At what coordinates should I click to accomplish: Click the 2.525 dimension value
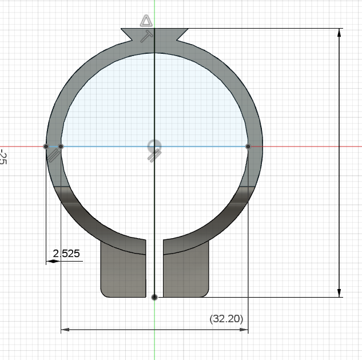(66, 254)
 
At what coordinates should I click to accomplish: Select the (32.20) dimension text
(226, 318)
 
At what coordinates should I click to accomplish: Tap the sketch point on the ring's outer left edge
(46, 147)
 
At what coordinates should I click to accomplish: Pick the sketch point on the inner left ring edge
(61, 147)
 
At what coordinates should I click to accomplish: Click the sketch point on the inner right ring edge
(248, 147)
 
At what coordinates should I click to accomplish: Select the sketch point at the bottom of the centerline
(154, 297)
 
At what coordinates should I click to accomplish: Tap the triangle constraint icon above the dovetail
(146, 22)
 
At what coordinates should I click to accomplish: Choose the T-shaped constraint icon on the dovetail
(147, 35)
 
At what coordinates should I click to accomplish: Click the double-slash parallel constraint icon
(54, 156)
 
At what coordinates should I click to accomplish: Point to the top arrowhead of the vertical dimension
(340, 33)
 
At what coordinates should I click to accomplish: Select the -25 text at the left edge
(3, 157)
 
